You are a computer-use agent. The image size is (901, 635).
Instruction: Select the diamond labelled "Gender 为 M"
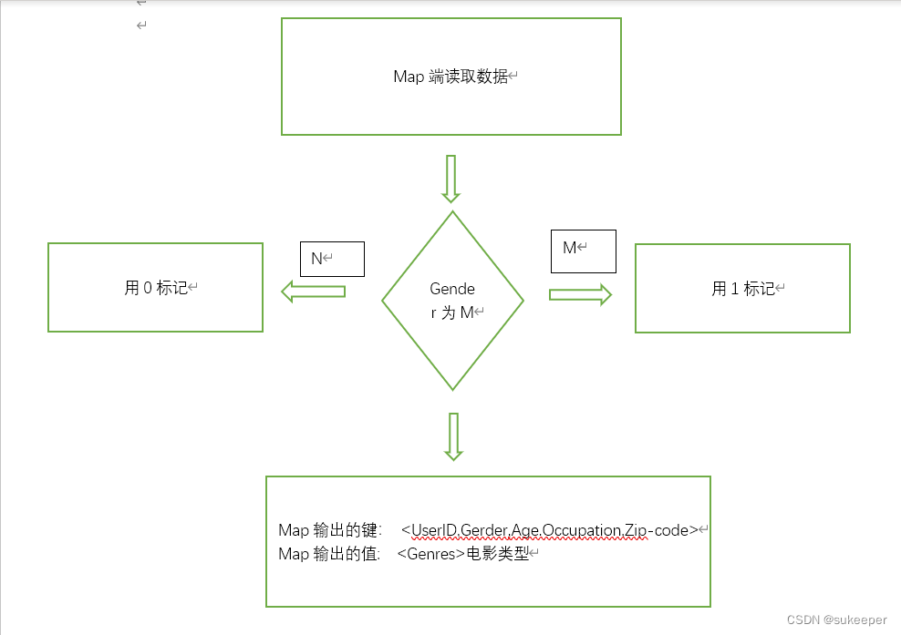coord(452,301)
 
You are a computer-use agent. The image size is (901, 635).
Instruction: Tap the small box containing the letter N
coord(332,259)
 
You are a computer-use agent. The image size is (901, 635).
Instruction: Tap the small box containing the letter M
coord(583,251)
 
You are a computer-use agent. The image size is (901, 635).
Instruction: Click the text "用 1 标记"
coord(743,289)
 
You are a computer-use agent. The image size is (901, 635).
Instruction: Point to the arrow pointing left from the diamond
coord(313,292)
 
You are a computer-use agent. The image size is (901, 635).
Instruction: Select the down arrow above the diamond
coord(450,178)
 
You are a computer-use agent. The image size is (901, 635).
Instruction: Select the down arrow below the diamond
coord(452,436)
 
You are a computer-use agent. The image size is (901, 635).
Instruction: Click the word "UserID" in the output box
coord(434,530)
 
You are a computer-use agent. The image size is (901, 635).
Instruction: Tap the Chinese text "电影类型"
coord(497,553)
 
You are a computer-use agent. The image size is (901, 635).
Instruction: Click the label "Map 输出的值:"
coord(329,553)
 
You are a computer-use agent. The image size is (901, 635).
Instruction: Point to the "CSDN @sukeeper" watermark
coord(836,620)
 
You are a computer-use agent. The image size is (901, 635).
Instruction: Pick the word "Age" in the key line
coord(525,530)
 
